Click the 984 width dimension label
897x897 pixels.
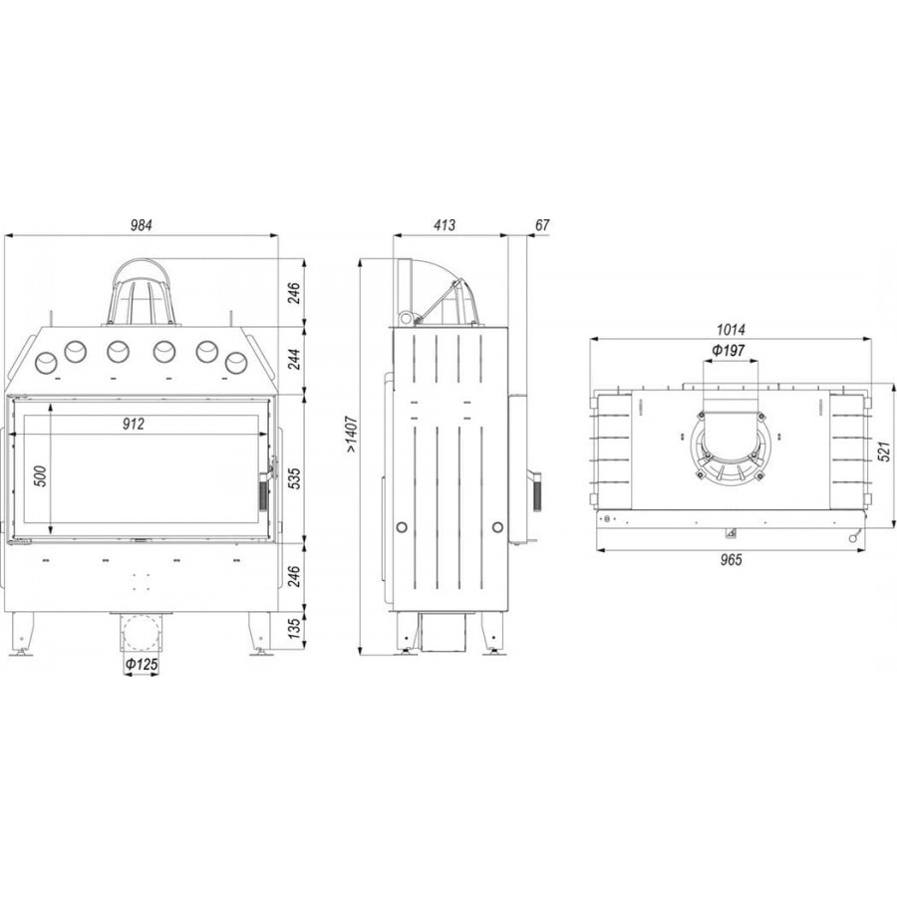pyautogui.click(x=141, y=225)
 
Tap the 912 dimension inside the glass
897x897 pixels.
pyautogui.click(x=134, y=424)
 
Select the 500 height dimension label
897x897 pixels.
pyautogui.click(x=41, y=476)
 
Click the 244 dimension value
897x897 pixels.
pyautogui.click(x=293, y=359)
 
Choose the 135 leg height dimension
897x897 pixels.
pyautogui.click(x=293, y=629)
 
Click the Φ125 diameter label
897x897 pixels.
pyautogui.click(x=141, y=665)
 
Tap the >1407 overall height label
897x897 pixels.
pyautogui.click(x=351, y=436)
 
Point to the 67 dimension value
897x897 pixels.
pyautogui.click(x=542, y=225)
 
